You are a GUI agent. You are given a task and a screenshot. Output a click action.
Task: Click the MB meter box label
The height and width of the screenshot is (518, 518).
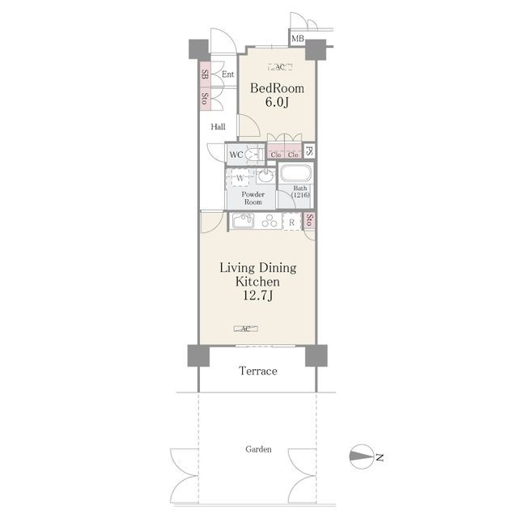tap(297, 39)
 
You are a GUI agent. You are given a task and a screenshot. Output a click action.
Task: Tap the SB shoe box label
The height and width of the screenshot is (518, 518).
tap(205, 74)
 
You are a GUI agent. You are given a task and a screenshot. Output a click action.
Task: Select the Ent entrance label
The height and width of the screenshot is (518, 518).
tap(228, 74)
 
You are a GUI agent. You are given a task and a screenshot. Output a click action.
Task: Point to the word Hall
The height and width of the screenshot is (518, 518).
tap(218, 126)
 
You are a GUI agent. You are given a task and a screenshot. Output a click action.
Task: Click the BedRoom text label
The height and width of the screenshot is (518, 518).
tap(277, 88)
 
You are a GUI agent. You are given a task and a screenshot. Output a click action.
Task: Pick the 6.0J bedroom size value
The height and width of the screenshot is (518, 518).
tap(277, 102)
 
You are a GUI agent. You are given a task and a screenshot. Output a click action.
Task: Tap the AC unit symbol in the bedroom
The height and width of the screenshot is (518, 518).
tap(280, 67)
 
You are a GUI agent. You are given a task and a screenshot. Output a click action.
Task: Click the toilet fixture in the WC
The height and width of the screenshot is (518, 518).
tap(256, 155)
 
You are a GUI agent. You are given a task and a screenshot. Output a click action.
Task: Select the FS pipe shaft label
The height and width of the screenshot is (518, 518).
tap(309, 151)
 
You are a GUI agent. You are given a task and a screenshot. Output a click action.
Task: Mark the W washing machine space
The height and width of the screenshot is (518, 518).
tap(240, 179)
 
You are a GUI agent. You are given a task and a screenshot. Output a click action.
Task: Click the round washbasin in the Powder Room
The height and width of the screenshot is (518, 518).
tap(265, 176)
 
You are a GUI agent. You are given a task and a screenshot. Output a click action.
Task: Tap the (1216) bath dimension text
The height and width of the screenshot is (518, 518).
tap(300, 195)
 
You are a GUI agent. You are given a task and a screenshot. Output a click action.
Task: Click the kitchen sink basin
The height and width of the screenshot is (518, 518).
tap(243, 221)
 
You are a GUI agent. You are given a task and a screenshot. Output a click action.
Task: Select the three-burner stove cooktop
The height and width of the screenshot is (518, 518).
tap(270, 221)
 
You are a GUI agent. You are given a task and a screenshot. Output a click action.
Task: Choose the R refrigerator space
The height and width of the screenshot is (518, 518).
tap(292, 222)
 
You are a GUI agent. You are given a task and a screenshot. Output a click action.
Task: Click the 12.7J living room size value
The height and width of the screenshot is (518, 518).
tap(258, 295)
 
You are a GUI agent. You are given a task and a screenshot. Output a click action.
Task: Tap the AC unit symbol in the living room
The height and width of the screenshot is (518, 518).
tap(246, 329)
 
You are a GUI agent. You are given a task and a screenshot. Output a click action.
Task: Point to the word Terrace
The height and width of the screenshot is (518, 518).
tap(258, 371)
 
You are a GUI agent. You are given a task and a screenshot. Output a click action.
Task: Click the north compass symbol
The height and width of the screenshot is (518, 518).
tap(362, 456)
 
